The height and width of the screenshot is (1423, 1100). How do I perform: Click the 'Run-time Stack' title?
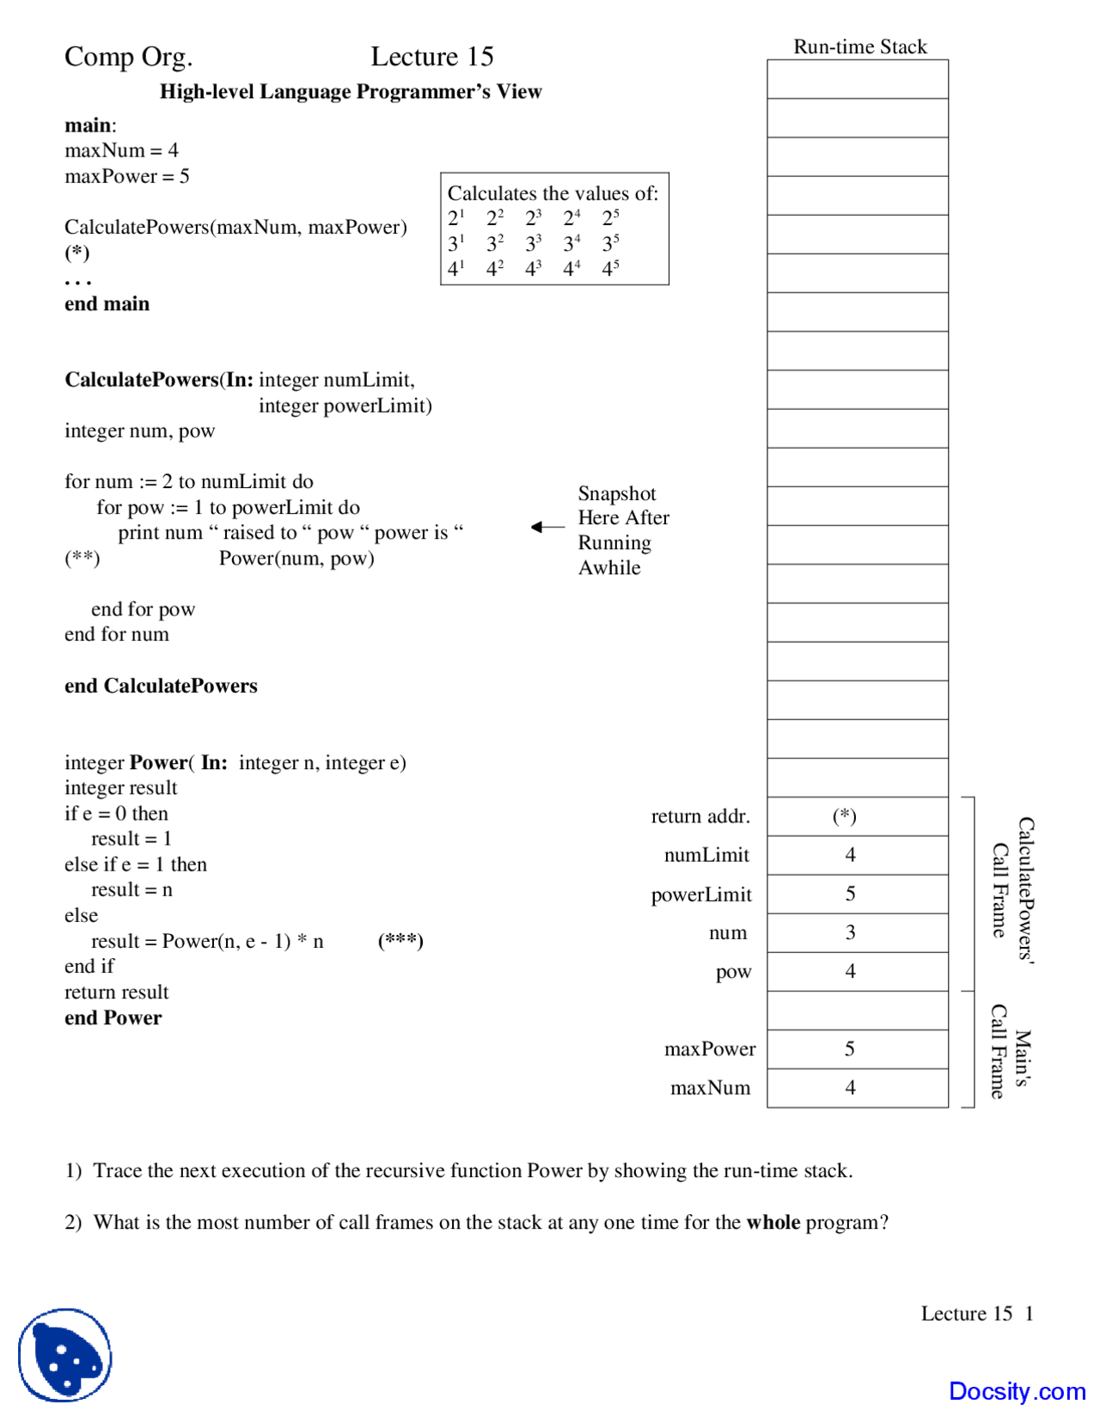point(859,46)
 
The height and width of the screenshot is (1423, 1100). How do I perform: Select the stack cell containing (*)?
point(857,816)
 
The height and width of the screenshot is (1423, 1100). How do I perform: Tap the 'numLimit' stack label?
point(706,855)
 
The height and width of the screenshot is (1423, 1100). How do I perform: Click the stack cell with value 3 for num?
point(857,932)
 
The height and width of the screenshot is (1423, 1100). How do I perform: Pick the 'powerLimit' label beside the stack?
point(701,895)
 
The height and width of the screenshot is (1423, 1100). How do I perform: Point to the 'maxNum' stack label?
point(710,1088)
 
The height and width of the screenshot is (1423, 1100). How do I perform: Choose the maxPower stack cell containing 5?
point(857,1049)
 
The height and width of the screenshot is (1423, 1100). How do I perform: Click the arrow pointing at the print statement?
point(547,527)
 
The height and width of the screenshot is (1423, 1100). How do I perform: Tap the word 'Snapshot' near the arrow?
point(616,493)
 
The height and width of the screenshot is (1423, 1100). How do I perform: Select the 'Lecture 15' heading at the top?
point(432,57)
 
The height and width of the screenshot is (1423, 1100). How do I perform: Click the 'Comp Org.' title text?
point(128,57)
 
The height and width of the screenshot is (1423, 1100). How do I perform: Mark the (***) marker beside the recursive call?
point(400,940)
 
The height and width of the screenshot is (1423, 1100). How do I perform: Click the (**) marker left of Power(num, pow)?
point(82,559)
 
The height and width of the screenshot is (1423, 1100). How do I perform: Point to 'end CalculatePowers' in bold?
point(161,686)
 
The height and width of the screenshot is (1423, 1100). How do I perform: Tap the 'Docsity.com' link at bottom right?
point(1017,1390)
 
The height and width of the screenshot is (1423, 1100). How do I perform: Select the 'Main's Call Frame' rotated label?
point(1010,1051)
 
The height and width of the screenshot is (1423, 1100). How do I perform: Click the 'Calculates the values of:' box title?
point(553,193)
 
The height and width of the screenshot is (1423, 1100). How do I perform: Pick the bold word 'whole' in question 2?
point(773,1222)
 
